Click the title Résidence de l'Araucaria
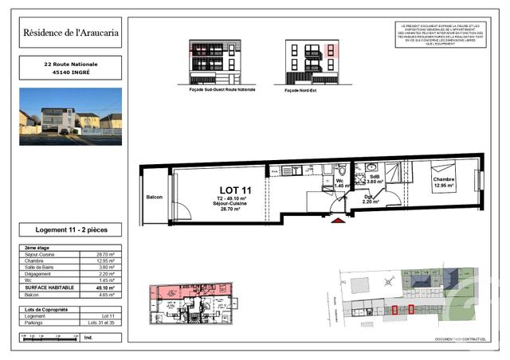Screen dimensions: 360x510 [70, 33]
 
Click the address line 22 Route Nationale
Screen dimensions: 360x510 [70, 63]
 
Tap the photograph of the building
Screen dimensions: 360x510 [70, 116]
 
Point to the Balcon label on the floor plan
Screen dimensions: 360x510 [155, 197]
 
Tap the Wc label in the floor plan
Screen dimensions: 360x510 [340, 180]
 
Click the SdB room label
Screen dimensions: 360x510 [374, 177]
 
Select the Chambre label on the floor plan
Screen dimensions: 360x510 [444, 180]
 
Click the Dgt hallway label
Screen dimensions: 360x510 [367, 198]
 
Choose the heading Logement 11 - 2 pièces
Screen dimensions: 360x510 [70, 229]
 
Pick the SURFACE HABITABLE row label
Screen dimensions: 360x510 [49, 286]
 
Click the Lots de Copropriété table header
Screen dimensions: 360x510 [49, 308]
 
